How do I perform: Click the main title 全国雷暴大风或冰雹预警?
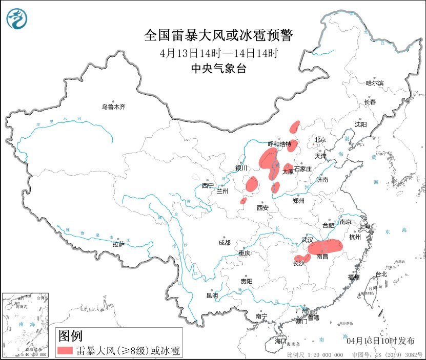tap(218, 35)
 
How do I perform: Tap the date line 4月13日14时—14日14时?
tap(218, 53)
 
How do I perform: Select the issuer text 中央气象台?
tap(218, 69)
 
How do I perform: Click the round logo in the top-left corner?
tap(17, 19)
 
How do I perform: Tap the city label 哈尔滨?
tap(374, 83)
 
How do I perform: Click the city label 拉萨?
tap(118, 244)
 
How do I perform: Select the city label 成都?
tap(224, 243)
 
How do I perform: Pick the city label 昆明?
tap(212, 295)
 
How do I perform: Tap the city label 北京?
tap(320, 140)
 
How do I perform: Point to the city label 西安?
tap(262, 208)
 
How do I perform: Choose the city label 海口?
tap(280, 341)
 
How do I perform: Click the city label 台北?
tap(381, 274)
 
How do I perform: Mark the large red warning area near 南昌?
tap(325, 247)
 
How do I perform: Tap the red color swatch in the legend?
tap(65, 351)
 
